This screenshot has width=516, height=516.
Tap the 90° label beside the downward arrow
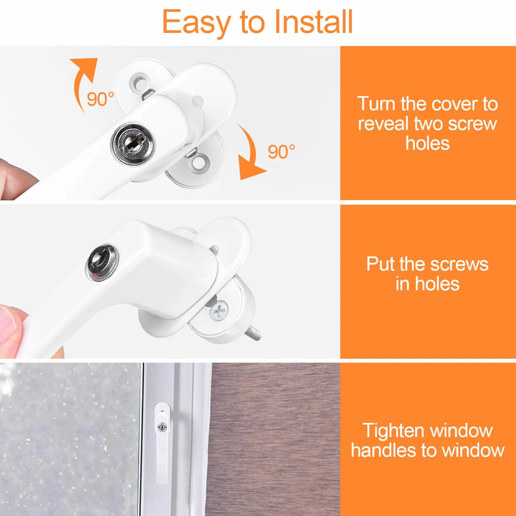pos(281,152)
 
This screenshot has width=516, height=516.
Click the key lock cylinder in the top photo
pos(133,143)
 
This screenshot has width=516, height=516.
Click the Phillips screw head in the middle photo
pos(219,311)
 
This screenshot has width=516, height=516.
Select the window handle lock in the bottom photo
pos(162,427)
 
